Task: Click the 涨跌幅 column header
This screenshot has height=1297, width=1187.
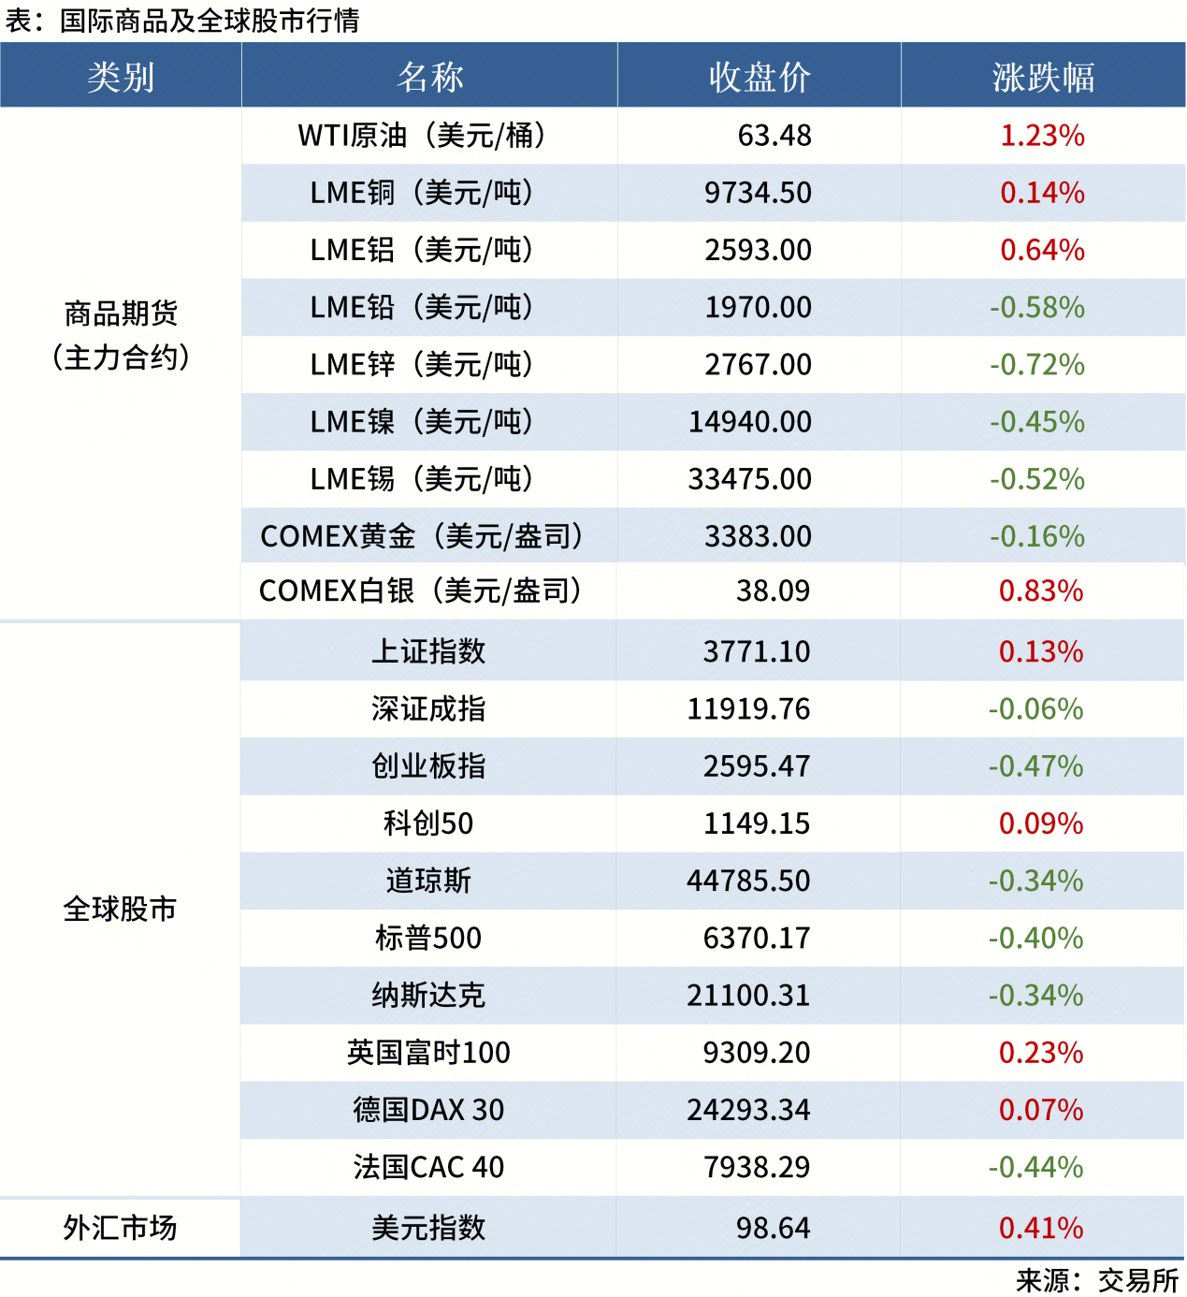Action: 1043,77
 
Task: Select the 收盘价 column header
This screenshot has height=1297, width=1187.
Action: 759,77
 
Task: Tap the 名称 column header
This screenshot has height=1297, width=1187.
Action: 429,77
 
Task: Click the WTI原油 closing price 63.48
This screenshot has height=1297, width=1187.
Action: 774,136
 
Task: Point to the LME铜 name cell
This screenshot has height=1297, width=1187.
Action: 422,193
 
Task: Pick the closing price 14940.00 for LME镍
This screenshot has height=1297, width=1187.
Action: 749,422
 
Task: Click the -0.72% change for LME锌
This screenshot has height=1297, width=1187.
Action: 1036,365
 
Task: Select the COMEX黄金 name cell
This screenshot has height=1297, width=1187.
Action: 422,536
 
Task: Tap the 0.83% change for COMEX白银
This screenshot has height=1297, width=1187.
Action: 1040,591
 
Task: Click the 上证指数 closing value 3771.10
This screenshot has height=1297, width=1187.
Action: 756,651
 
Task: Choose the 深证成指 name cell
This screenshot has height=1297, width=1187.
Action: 428,709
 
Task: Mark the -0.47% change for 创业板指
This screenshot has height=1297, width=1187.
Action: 1035,766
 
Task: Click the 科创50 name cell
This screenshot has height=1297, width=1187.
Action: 428,823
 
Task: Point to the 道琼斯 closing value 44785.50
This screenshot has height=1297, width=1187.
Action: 748,881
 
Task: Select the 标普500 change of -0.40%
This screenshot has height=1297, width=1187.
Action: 1035,938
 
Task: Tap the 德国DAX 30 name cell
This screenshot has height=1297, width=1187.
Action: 428,1110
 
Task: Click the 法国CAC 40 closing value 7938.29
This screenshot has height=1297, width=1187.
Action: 756,1167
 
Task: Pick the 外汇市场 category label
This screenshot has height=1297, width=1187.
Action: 120,1228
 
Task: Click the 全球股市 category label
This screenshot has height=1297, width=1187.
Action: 120,909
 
